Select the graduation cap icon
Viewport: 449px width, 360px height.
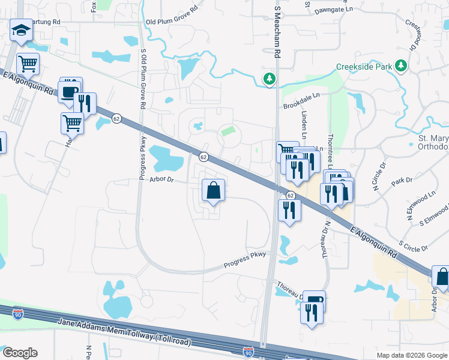point(21,31)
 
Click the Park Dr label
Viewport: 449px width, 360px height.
point(402,180)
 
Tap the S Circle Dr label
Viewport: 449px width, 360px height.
point(413,245)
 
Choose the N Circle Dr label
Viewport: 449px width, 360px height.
point(380,177)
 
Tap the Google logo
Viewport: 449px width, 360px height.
point(20,353)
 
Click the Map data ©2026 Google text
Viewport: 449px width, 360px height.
point(412,355)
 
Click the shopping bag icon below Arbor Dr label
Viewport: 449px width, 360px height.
point(212,191)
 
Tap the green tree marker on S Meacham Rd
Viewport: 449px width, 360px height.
point(270,79)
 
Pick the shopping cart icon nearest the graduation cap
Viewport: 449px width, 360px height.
point(28,63)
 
